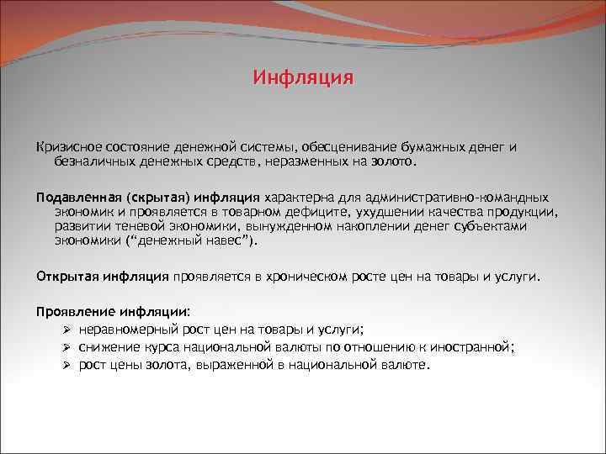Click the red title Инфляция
tap(303, 79)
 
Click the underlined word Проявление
tap(72, 312)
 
